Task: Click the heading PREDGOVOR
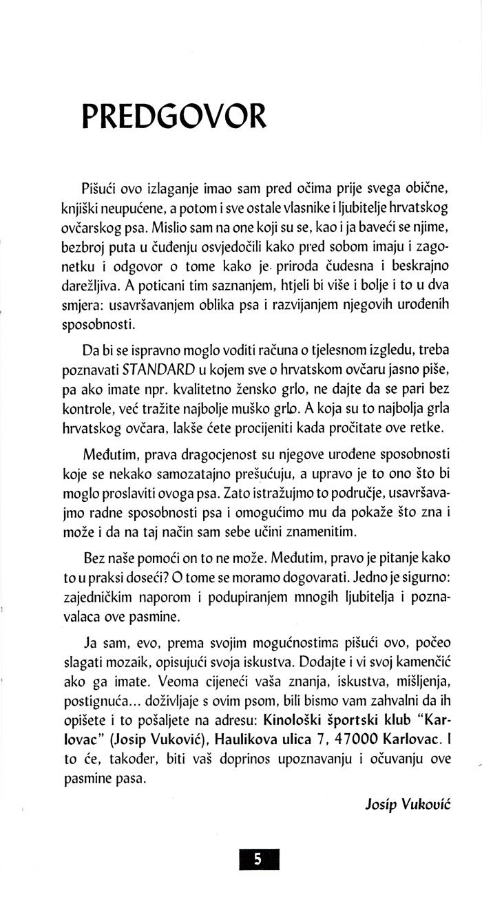(173, 118)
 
